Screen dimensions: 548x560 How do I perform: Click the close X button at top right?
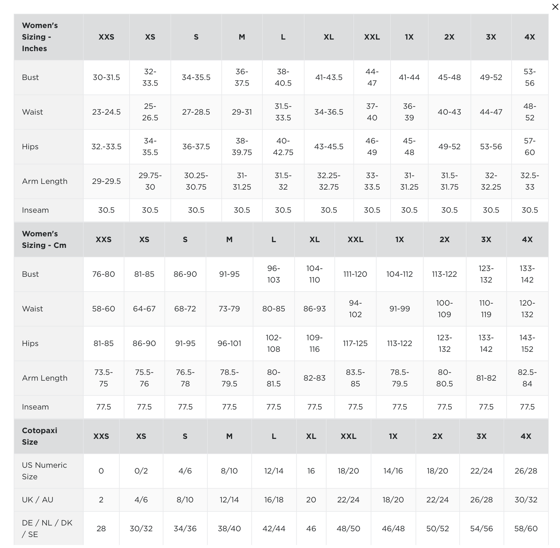pyautogui.click(x=555, y=7)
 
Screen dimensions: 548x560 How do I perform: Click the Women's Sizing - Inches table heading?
pyautogui.click(x=40, y=37)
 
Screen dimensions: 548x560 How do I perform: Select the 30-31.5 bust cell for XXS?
pyautogui.click(x=106, y=77)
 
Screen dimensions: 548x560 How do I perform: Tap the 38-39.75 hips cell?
pyautogui.click(x=242, y=147)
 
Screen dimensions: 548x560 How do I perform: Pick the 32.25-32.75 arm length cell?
pyautogui.click(x=329, y=181)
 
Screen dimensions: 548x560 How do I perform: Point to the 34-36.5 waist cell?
pyautogui.click(x=329, y=112)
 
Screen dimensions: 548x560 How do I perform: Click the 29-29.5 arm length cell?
pyautogui.click(x=106, y=181)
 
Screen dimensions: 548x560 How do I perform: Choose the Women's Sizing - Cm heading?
pyautogui.click(x=44, y=239)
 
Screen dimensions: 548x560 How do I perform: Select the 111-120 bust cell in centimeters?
pyautogui.click(x=355, y=274)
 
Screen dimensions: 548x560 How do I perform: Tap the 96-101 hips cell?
pyautogui.click(x=229, y=343)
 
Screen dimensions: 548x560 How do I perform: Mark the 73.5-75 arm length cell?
pyautogui.click(x=104, y=378)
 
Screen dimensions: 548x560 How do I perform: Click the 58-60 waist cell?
pyautogui.click(x=104, y=309)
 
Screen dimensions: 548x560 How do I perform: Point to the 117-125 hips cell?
pyautogui.click(x=355, y=343)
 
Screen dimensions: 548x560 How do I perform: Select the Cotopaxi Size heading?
pyautogui.click(x=40, y=436)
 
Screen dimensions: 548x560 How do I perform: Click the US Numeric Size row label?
pyautogui.click(x=44, y=471)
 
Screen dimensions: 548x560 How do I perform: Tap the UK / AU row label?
pyautogui.click(x=38, y=500)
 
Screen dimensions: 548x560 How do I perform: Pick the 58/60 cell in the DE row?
pyautogui.click(x=526, y=528)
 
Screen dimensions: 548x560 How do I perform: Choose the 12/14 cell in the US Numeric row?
pyautogui.click(x=274, y=471)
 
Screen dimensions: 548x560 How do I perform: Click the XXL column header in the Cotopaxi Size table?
pyautogui.click(x=348, y=436)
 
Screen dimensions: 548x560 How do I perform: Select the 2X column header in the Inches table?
pyautogui.click(x=449, y=37)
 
